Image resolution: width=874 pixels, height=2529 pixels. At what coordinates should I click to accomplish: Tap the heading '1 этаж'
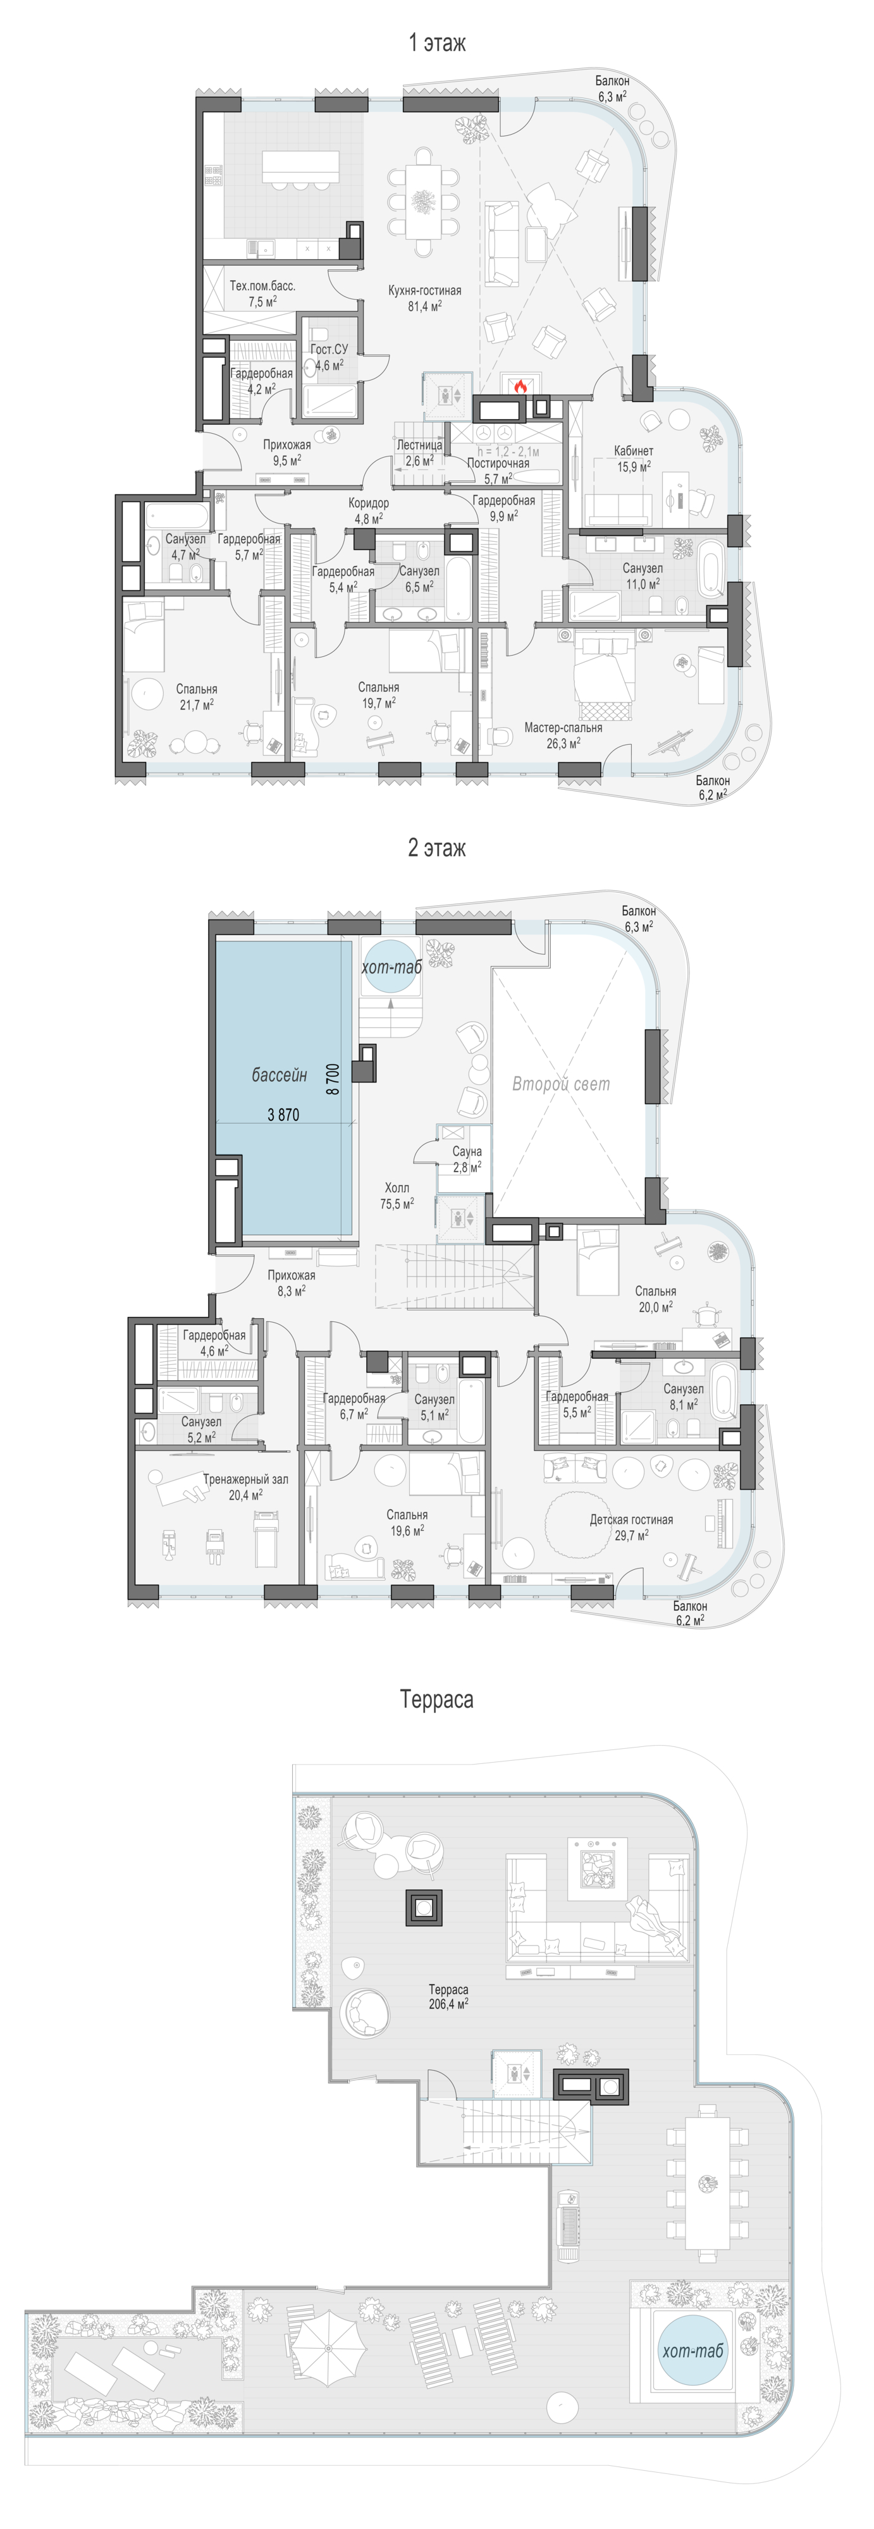click(x=437, y=42)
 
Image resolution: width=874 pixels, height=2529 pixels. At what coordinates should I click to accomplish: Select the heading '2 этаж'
click(x=437, y=847)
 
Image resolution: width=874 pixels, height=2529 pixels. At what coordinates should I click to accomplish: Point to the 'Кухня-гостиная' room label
click(x=424, y=291)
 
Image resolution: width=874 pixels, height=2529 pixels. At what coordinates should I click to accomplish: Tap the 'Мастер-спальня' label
click(x=563, y=728)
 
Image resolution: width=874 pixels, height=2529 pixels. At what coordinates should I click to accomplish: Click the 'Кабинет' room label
click(x=634, y=451)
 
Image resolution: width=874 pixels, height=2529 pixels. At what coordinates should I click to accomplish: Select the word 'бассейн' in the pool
click(x=279, y=1076)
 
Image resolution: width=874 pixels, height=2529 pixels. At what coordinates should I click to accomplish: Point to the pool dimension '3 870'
click(x=283, y=1114)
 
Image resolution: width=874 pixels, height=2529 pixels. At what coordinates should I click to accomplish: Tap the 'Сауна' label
click(x=467, y=1151)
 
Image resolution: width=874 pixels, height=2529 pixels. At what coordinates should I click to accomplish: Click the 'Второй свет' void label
click(x=561, y=1084)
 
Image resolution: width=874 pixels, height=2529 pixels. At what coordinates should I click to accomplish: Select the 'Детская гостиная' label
click(x=631, y=1519)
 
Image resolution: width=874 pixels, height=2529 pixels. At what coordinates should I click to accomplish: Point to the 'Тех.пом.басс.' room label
click(x=262, y=286)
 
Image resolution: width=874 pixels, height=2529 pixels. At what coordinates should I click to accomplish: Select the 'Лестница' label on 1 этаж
click(x=419, y=444)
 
